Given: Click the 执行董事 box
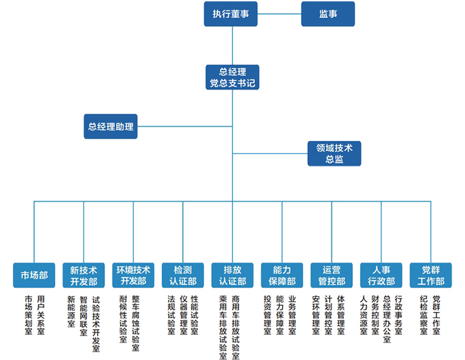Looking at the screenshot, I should tap(230, 14).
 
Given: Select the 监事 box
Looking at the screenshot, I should tap(327, 14).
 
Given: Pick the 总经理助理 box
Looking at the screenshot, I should tap(110, 126).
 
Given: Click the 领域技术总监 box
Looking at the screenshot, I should tap(334, 153).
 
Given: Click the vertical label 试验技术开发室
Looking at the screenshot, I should tap(96, 323).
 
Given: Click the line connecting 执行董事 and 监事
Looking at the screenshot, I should tap(279, 14).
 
